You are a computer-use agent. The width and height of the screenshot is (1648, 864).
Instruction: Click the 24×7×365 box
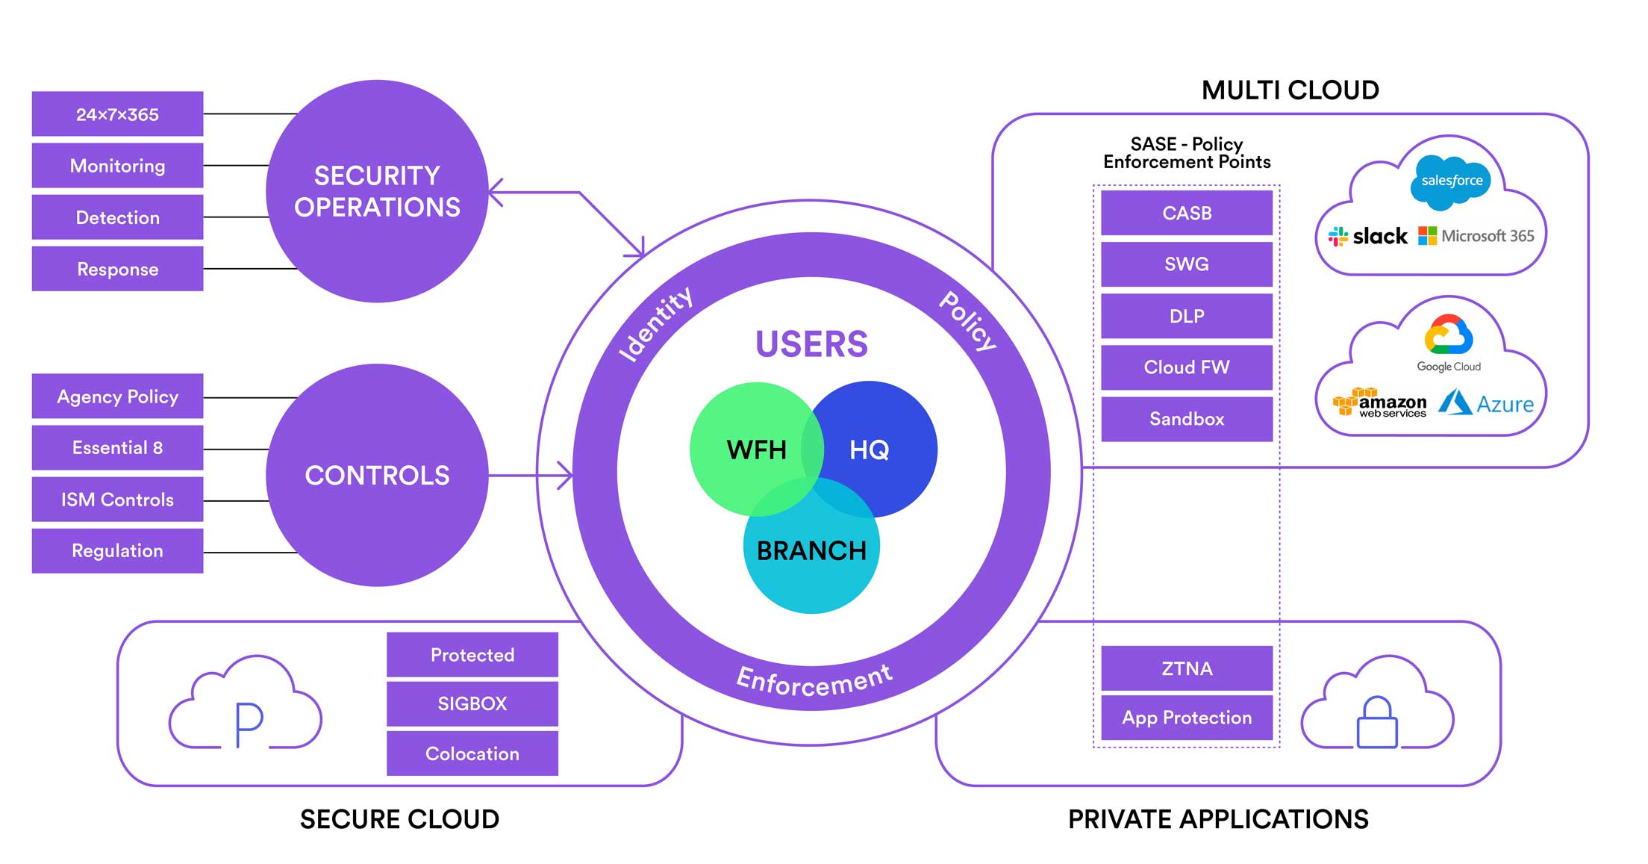click(x=117, y=114)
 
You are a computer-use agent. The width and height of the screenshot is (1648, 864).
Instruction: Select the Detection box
click(x=117, y=217)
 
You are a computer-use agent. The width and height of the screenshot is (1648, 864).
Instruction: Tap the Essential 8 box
click(x=117, y=447)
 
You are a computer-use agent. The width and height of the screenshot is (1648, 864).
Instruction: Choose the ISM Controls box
click(x=117, y=500)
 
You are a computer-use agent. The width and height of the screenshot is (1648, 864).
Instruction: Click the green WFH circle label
click(x=756, y=450)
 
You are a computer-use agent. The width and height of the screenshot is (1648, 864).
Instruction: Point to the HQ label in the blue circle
click(x=869, y=450)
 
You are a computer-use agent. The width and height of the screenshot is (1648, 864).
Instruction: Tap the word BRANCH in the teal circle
click(x=811, y=550)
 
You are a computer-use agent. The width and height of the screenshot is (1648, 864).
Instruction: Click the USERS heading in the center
click(x=811, y=344)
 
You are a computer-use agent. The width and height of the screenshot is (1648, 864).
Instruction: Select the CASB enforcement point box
click(x=1187, y=213)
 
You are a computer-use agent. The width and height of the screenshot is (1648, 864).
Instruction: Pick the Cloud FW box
click(x=1187, y=367)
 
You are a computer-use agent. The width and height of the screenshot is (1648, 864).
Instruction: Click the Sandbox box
click(x=1187, y=419)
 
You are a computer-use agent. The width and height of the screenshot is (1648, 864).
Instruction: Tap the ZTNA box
click(x=1187, y=668)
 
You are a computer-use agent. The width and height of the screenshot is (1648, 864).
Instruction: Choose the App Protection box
click(x=1187, y=718)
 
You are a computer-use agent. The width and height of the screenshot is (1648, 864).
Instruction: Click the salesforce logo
click(x=1451, y=181)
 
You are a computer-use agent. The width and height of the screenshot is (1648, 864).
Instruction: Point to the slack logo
click(x=1368, y=237)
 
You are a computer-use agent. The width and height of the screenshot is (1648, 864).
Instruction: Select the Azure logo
click(x=1486, y=403)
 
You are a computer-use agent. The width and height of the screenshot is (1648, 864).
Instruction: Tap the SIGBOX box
click(x=472, y=703)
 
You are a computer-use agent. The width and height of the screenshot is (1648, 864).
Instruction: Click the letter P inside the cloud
click(x=249, y=724)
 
